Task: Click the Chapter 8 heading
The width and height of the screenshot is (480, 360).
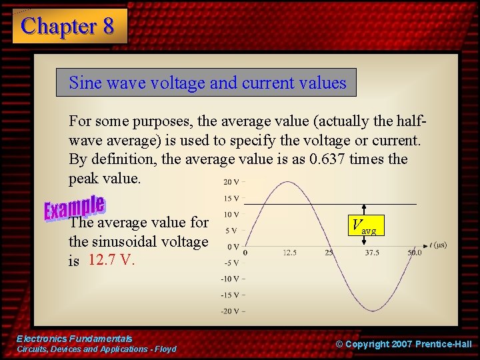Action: (68, 26)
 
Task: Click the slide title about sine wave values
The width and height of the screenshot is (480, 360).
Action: (207, 83)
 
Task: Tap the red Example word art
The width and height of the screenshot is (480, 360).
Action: (74, 207)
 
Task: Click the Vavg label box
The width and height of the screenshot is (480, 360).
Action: (364, 227)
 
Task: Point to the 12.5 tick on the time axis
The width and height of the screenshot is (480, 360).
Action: (289, 253)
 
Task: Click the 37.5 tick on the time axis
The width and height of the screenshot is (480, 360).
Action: (372, 253)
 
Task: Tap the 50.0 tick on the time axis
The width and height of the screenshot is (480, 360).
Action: (415, 253)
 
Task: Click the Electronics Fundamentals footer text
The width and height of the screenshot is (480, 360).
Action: (74, 339)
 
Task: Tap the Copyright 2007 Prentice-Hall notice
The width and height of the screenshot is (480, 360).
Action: (403, 344)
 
